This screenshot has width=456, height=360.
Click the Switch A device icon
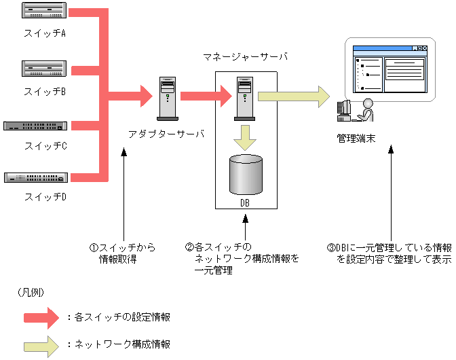point(44,10)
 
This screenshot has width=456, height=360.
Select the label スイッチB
point(45,92)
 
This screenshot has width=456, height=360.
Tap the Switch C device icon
point(35,126)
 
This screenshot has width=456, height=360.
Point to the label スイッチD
point(45,197)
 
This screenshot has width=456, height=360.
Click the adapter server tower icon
point(168,98)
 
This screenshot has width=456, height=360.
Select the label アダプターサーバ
point(166,134)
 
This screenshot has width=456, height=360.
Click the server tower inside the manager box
point(244,98)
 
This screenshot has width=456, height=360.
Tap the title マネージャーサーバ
point(245,56)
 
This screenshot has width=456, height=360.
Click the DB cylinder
point(246,175)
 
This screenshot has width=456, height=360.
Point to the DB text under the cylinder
point(245,203)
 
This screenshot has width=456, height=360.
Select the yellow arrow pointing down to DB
point(245,138)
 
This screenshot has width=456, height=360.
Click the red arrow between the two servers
point(206,96)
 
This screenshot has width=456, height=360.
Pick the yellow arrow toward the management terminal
point(294,96)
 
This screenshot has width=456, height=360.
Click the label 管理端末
point(356,139)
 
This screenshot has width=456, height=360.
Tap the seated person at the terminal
point(366,110)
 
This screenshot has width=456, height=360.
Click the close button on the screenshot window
point(425,48)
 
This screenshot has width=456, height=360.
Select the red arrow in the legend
point(41,318)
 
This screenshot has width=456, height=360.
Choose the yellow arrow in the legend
point(41,346)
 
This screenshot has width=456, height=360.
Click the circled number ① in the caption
point(94,248)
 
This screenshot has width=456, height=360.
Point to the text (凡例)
point(31,293)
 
